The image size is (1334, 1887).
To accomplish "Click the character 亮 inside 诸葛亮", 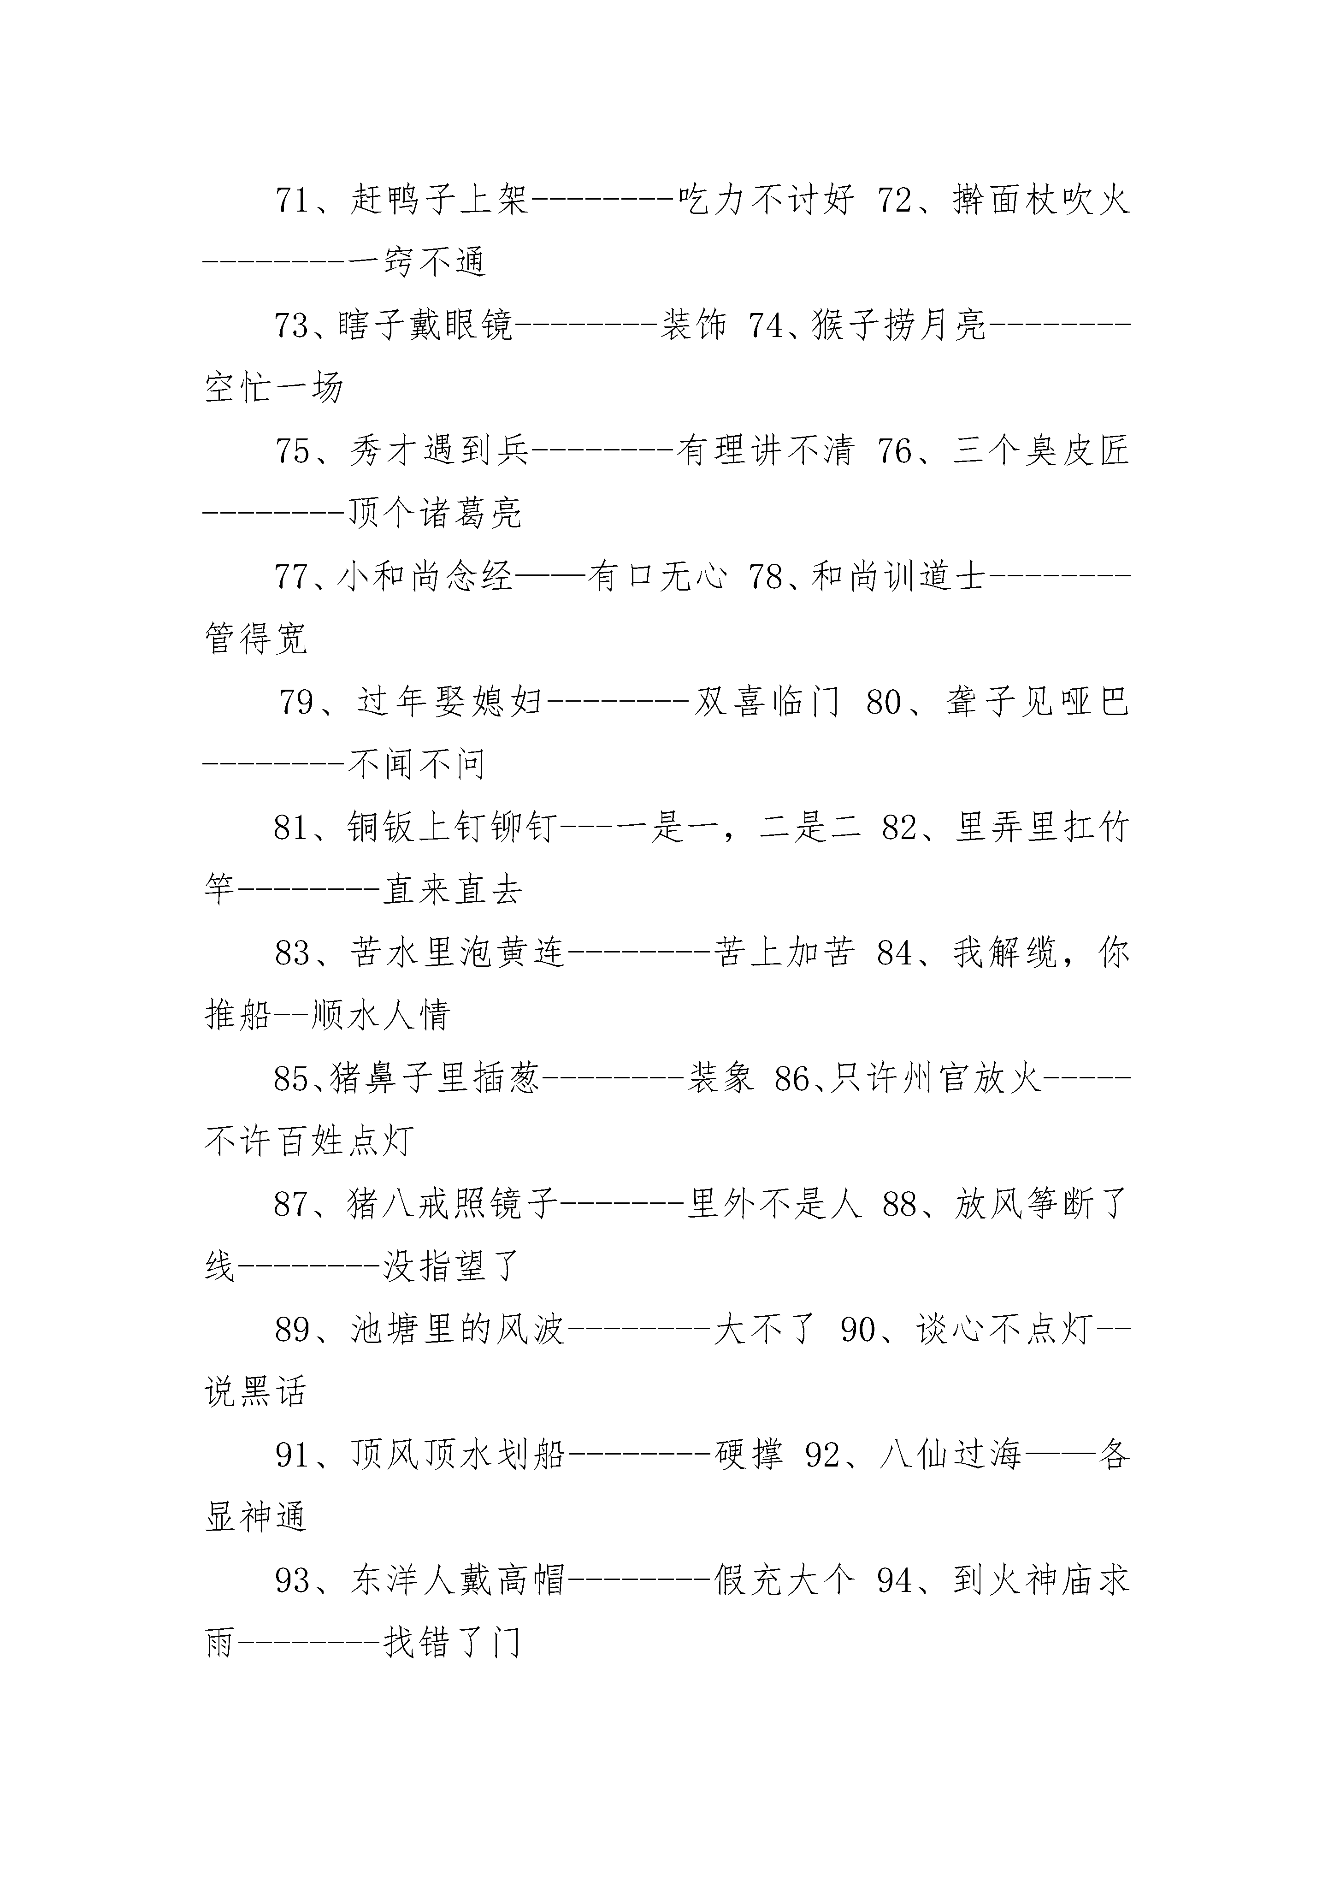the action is coord(506,514).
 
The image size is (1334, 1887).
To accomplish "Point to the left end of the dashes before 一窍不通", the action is coord(206,262).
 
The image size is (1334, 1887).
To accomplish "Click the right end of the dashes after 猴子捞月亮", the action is coord(1129,325).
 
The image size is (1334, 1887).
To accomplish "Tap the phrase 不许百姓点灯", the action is coord(309,1142).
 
